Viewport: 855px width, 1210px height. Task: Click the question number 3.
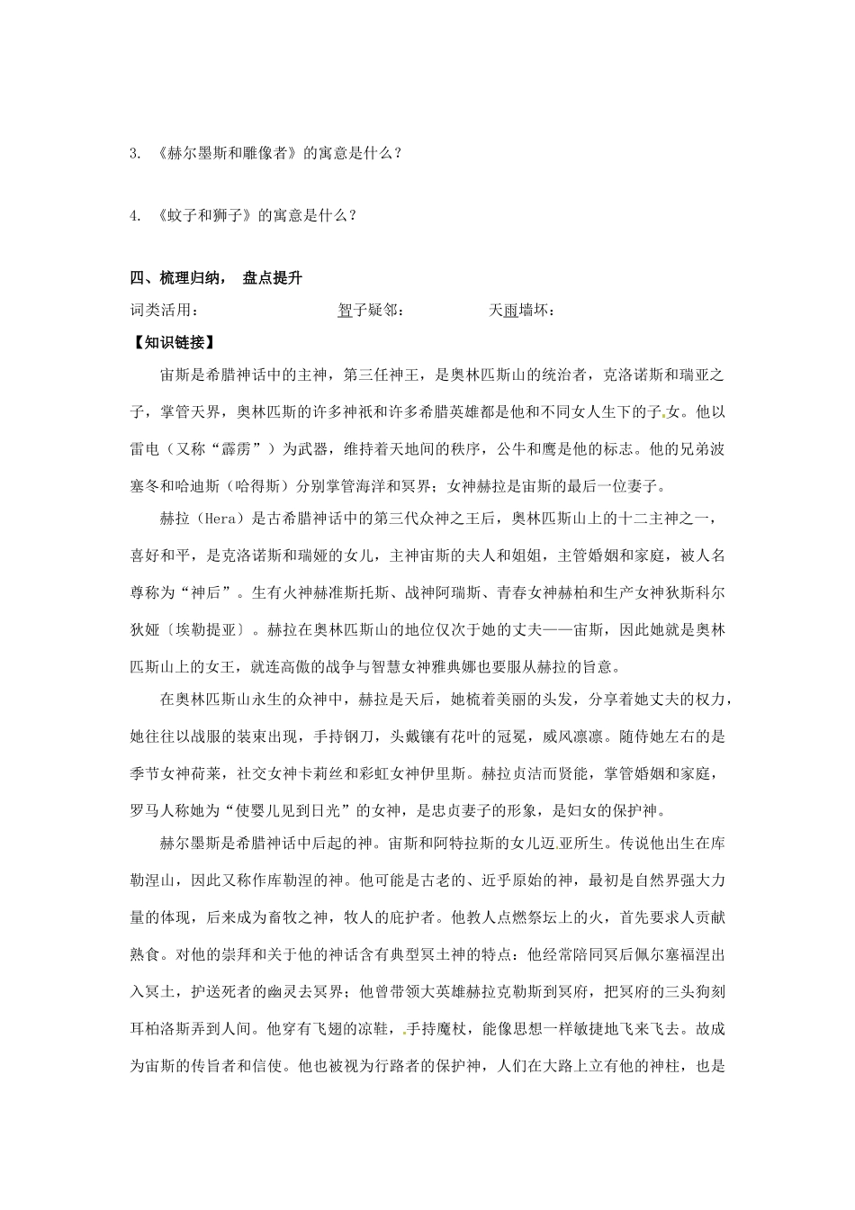click(134, 153)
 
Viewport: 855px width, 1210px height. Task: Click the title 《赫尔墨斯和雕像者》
click(226, 153)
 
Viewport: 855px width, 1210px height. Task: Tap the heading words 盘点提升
click(272, 278)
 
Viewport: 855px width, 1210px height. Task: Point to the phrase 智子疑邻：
click(371, 310)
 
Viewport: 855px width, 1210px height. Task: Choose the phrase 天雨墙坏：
click(522, 310)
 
